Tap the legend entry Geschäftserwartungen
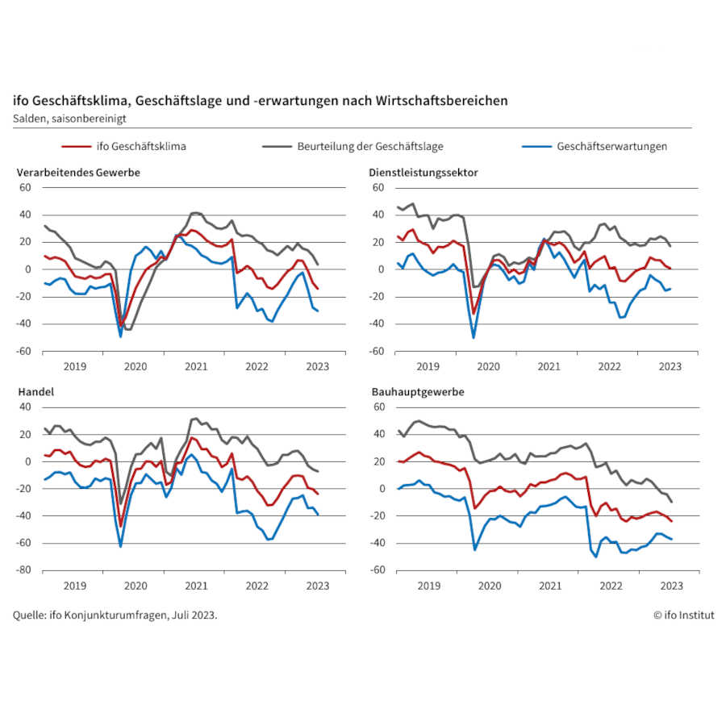(x=611, y=147)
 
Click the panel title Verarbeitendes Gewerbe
(x=79, y=173)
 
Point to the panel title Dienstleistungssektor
(x=423, y=173)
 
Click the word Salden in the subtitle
(x=30, y=118)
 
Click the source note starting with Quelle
(x=115, y=615)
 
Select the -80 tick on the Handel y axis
(x=25, y=570)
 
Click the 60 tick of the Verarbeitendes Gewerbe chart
(x=26, y=187)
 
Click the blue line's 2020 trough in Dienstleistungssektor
(x=474, y=337)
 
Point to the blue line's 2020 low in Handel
(x=121, y=547)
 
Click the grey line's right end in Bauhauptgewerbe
(x=671, y=502)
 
